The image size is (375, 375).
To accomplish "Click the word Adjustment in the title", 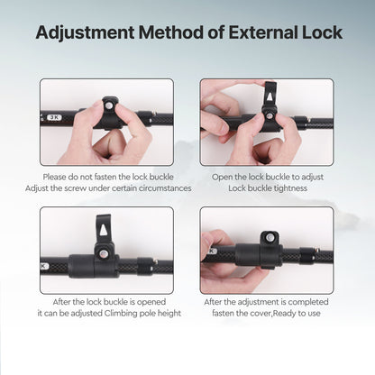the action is [85, 33].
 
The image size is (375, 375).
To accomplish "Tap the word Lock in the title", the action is [322, 32].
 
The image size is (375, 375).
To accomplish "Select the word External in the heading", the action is [263, 32].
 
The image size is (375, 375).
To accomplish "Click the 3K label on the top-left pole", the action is [54, 117].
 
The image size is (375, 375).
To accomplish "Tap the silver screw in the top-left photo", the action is [110, 105].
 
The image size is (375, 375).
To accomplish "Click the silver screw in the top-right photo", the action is [270, 115].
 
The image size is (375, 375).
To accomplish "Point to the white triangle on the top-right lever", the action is [270, 96].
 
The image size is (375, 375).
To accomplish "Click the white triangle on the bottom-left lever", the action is [104, 230].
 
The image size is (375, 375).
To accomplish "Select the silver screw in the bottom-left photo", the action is [104, 254].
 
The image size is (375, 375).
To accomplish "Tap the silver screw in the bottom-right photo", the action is [270, 238].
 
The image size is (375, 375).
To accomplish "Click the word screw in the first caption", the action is [76, 188].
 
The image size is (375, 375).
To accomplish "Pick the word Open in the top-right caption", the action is [222, 177].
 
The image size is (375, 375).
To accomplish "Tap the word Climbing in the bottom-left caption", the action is [121, 314].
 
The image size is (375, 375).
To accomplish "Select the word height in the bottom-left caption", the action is [169, 313].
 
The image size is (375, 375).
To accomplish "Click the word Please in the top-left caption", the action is [54, 177].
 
